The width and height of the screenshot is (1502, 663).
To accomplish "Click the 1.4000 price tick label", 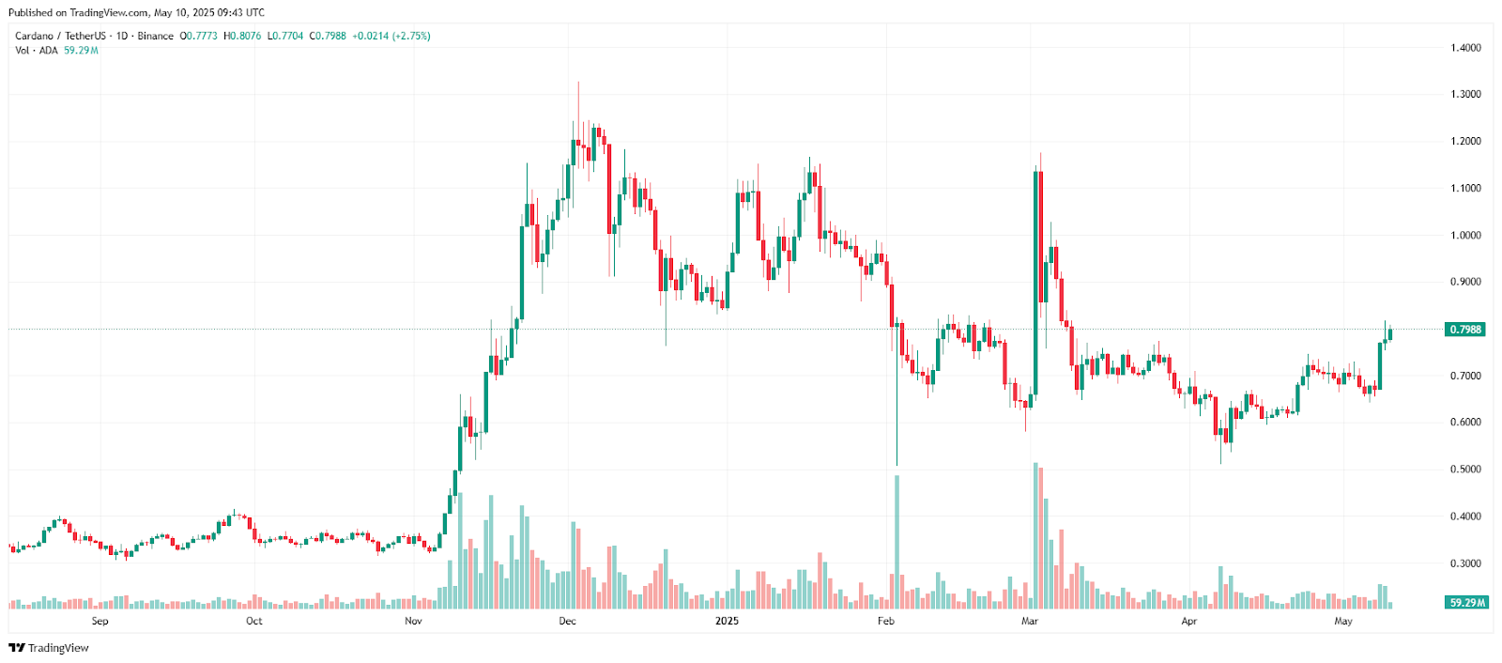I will (x=1465, y=48).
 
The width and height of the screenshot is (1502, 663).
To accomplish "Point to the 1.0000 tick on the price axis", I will (x=1465, y=236).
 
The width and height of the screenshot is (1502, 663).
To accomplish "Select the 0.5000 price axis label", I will (x=1465, y=470).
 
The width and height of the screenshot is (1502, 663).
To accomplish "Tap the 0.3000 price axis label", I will (x=1465, y=563).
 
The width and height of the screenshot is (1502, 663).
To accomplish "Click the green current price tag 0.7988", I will (x=1465, y=330).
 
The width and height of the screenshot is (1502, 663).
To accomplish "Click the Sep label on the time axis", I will (x=100, y=621).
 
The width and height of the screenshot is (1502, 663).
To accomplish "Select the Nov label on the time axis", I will (x=413, y=621).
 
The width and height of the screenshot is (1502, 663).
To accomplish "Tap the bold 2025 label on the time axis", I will (x=727, y=621).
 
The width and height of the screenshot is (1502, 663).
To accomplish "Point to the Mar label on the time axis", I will (x=1030, y=621).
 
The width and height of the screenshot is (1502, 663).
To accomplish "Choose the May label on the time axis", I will (x=1343, y=621).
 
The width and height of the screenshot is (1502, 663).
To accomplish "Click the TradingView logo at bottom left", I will (x=49, y=648).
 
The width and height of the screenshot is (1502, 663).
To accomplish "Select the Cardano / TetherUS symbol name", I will (x=60, y=36).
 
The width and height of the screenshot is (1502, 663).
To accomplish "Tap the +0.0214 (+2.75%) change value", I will (x=391, y=36).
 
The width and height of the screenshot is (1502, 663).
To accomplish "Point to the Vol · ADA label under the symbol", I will (x=37, y=50).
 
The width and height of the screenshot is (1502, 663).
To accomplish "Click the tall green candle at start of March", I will (x=1035, y=282).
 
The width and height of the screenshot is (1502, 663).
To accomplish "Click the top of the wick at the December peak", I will (x=578, y=83).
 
